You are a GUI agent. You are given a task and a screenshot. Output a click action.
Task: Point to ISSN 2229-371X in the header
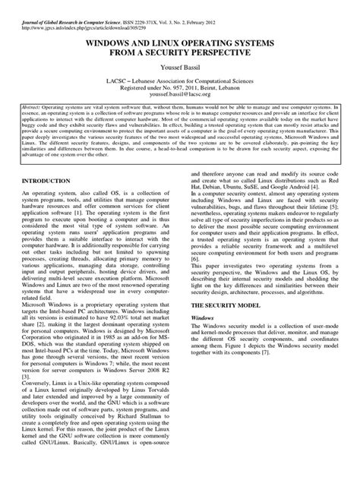[156, 7]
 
